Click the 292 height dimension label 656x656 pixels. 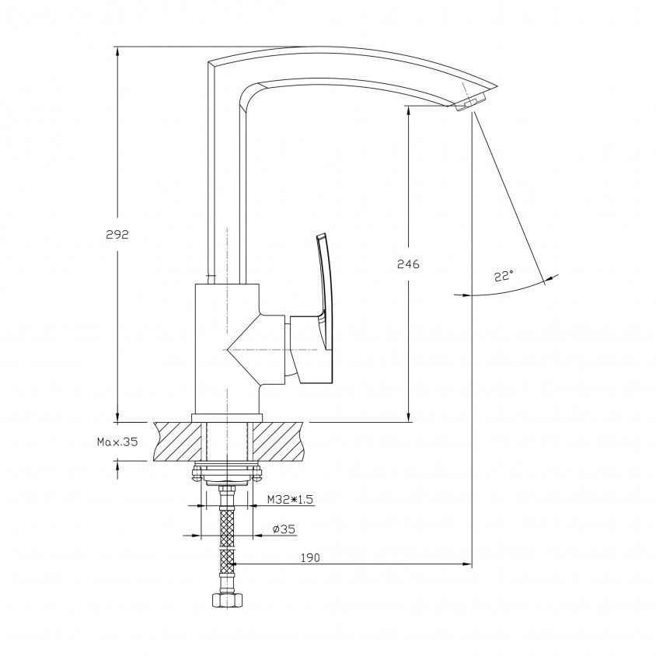click(117, 235)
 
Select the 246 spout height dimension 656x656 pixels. click(408, 264)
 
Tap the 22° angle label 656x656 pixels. click(504, 276)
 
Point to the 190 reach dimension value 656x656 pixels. click(310, 558)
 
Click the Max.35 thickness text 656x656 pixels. click(117, 441)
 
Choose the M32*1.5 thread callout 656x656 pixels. click(291, 499)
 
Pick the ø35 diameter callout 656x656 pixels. click(284, 529)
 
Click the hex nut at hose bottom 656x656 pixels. click(226, 601)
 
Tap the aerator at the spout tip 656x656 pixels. click(470, 103)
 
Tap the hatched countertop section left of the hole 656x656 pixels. click(178, 441)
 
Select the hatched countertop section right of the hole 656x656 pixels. click(278, 441)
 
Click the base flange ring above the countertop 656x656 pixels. click(226, 418)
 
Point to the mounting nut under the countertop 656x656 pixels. click(226, 473)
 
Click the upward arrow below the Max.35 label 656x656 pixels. click(117, 469)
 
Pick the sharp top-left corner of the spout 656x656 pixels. click(208, 63)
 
